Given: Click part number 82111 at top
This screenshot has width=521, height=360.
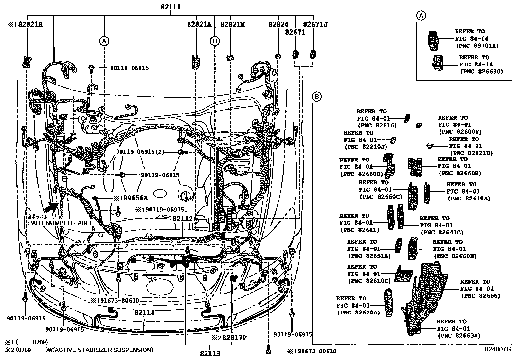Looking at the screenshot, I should click(171, 7).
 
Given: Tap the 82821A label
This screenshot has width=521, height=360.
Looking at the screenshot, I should click(199, 24).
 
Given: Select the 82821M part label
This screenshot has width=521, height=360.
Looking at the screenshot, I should click(233, 24).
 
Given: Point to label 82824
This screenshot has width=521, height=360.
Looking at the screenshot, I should click(278, 24).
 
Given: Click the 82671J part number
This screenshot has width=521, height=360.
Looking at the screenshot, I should click(315, 24).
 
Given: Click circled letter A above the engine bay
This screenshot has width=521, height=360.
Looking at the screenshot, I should click(104, 41).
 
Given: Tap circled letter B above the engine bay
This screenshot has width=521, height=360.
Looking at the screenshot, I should click(215, 41).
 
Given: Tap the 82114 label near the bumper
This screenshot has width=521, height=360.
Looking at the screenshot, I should click(144, 313).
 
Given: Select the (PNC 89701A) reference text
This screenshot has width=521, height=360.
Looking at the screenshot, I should click(477, 46).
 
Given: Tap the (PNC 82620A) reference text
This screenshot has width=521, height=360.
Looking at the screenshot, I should click(359, 313).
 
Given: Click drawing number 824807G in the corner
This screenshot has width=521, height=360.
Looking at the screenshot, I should click(498, 349).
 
